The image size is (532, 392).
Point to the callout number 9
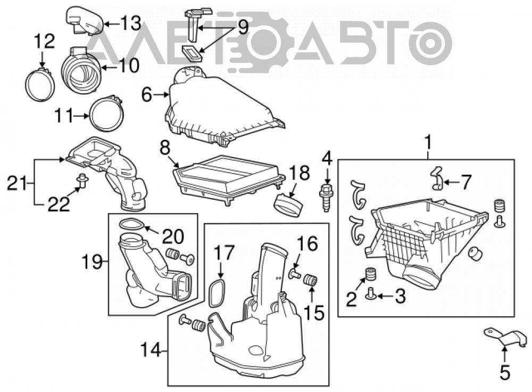coord(243,27)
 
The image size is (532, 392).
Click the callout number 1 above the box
coord(428,142)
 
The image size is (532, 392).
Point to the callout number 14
coord(151,349)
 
